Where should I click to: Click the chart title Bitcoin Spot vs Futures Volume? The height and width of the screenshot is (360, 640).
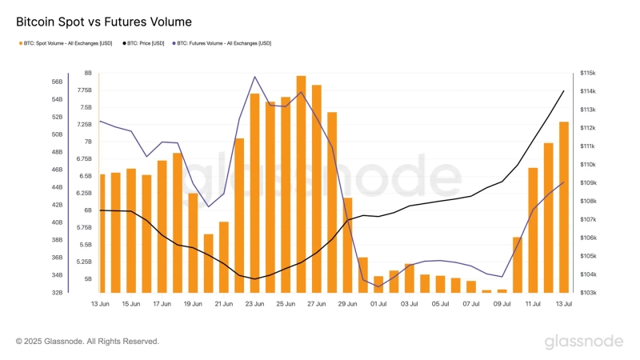click(x=104, y=22)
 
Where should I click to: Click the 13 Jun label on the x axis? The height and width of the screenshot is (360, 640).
click(x=100, y=304)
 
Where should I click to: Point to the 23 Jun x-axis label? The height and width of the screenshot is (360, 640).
click(x=254, y=304)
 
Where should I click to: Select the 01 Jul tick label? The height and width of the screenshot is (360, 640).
click(x=378, y=304)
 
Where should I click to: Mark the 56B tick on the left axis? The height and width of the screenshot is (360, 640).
click(x=57, y=82)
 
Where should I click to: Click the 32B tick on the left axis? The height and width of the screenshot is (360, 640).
click(x=57, y=293)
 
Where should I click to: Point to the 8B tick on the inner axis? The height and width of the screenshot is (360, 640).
click(x=87, y=73)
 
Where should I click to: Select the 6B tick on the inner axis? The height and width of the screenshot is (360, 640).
click(x=87, y=210)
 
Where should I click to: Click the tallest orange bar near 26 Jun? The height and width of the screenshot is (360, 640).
click(x=301, y=184)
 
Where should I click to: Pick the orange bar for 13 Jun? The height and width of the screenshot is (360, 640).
click(x=102, y=233)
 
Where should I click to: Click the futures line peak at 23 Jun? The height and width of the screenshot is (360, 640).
click(x=254, y=77)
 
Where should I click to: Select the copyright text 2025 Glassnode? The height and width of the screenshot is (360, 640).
click(x=87, y=342)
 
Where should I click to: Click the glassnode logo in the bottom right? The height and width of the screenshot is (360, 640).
click(x=584, y=342)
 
